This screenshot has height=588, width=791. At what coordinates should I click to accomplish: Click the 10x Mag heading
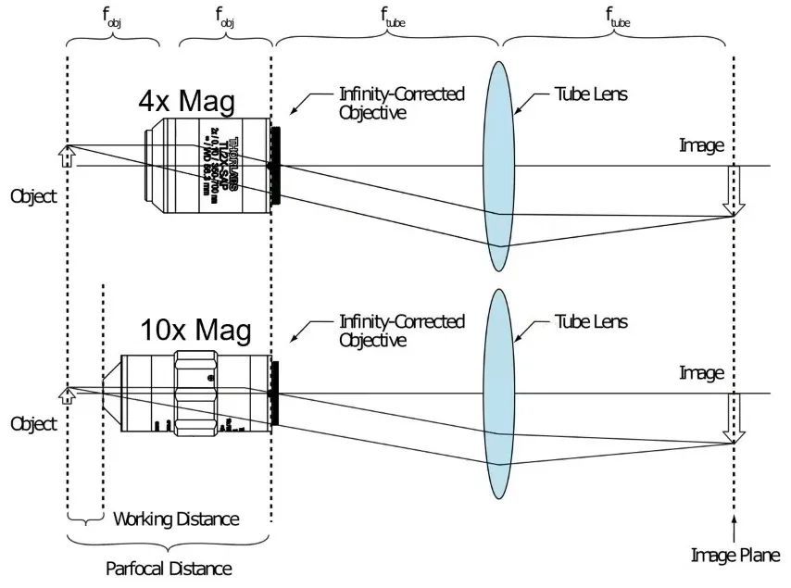(195, 329)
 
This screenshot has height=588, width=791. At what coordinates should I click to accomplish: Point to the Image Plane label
(735, 556)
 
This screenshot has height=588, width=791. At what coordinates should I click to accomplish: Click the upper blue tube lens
(498, 167)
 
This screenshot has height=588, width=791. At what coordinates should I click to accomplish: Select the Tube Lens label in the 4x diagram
(591, 94)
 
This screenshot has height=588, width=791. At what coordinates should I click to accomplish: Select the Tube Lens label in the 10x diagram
(591, 321)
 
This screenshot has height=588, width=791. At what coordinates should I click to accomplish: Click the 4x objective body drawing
(207, 165)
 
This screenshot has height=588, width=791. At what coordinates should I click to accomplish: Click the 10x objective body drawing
(196, 394)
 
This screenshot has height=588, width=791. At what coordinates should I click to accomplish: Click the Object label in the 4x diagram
(34, 196)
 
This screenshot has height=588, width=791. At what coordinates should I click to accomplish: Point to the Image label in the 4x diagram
(701, 144)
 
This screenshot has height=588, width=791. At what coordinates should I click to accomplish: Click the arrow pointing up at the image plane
(734, 529)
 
